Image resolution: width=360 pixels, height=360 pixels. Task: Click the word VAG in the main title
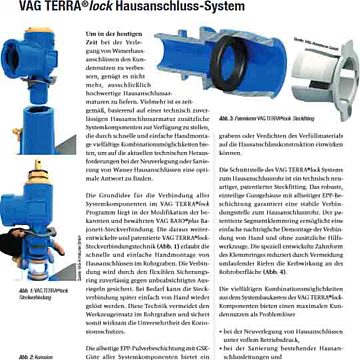[21, 11]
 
